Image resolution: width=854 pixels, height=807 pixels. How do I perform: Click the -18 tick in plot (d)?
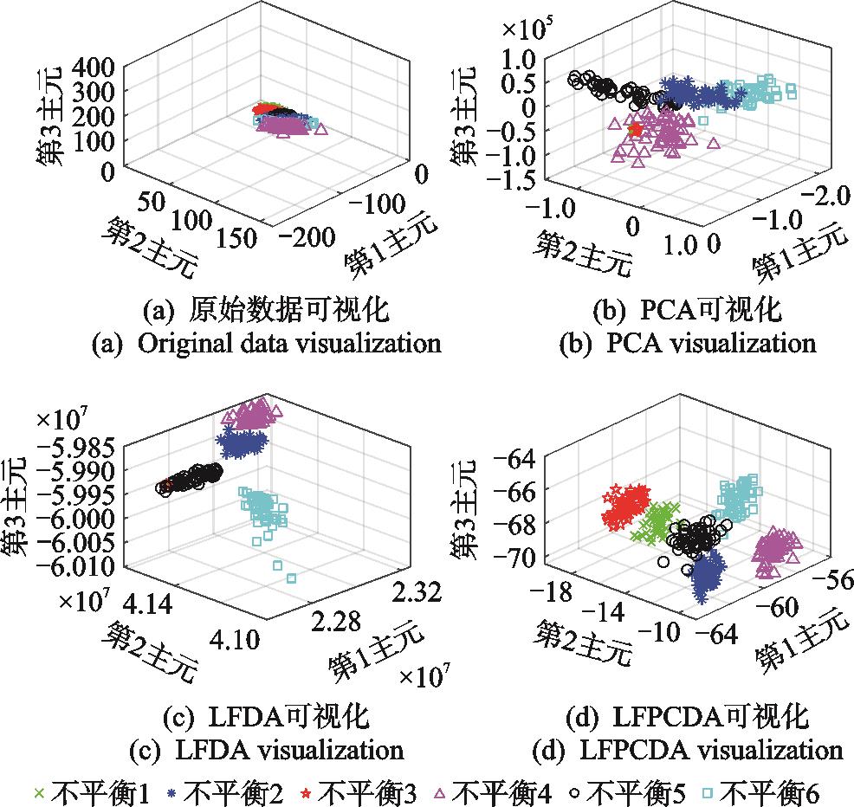(x=553, y=591)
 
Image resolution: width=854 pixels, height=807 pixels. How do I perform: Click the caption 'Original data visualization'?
(x=266, y=343)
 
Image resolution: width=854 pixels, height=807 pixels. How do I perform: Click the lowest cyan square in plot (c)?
(x=291, y=578)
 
